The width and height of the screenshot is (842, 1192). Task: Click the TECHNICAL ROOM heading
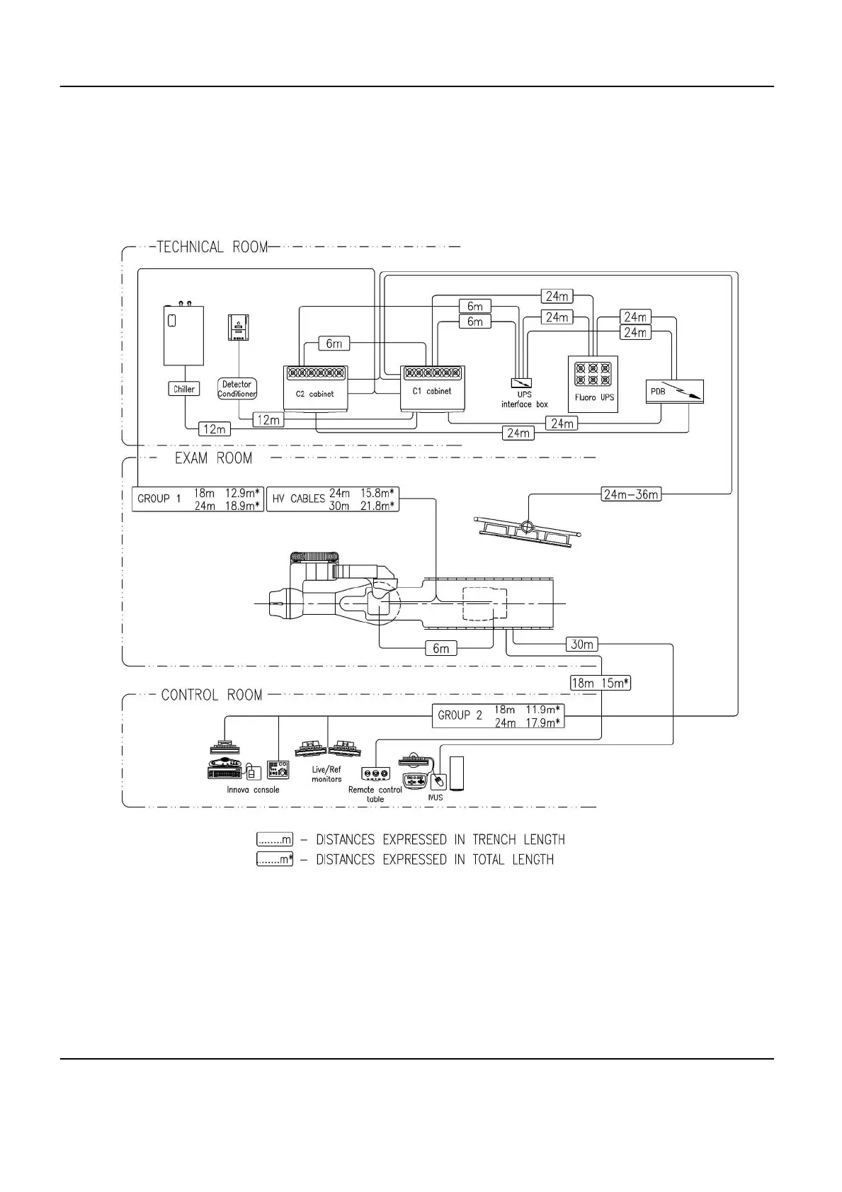(212, 247)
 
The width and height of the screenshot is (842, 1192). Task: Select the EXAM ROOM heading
(213, 458)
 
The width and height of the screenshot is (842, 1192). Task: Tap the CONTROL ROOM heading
(211, 695)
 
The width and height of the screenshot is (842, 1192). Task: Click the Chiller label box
(184, 389)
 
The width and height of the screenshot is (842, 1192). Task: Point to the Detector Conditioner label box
(237, 389)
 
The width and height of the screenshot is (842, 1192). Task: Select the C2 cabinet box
(315, 387)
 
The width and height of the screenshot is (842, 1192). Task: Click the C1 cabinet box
(432, 387)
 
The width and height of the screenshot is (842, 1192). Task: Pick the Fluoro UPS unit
(593, 383)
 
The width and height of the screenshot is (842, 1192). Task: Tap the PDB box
(675, 392)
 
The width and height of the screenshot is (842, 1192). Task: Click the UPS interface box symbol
(521, 383)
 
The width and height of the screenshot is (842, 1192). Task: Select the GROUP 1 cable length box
(198, 499)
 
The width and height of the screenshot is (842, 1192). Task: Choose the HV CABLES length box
(332, 499)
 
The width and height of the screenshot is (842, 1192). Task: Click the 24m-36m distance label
(631, 494)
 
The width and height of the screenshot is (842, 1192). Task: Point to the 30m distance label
(582, 645)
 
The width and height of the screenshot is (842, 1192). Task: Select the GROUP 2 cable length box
(498, 715)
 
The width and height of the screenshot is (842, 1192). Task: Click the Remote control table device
(375, 773)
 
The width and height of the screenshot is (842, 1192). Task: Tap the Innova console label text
(253, 790)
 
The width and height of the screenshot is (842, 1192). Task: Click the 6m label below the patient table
(440, 648)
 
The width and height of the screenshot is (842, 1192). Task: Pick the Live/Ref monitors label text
(326, 774)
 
